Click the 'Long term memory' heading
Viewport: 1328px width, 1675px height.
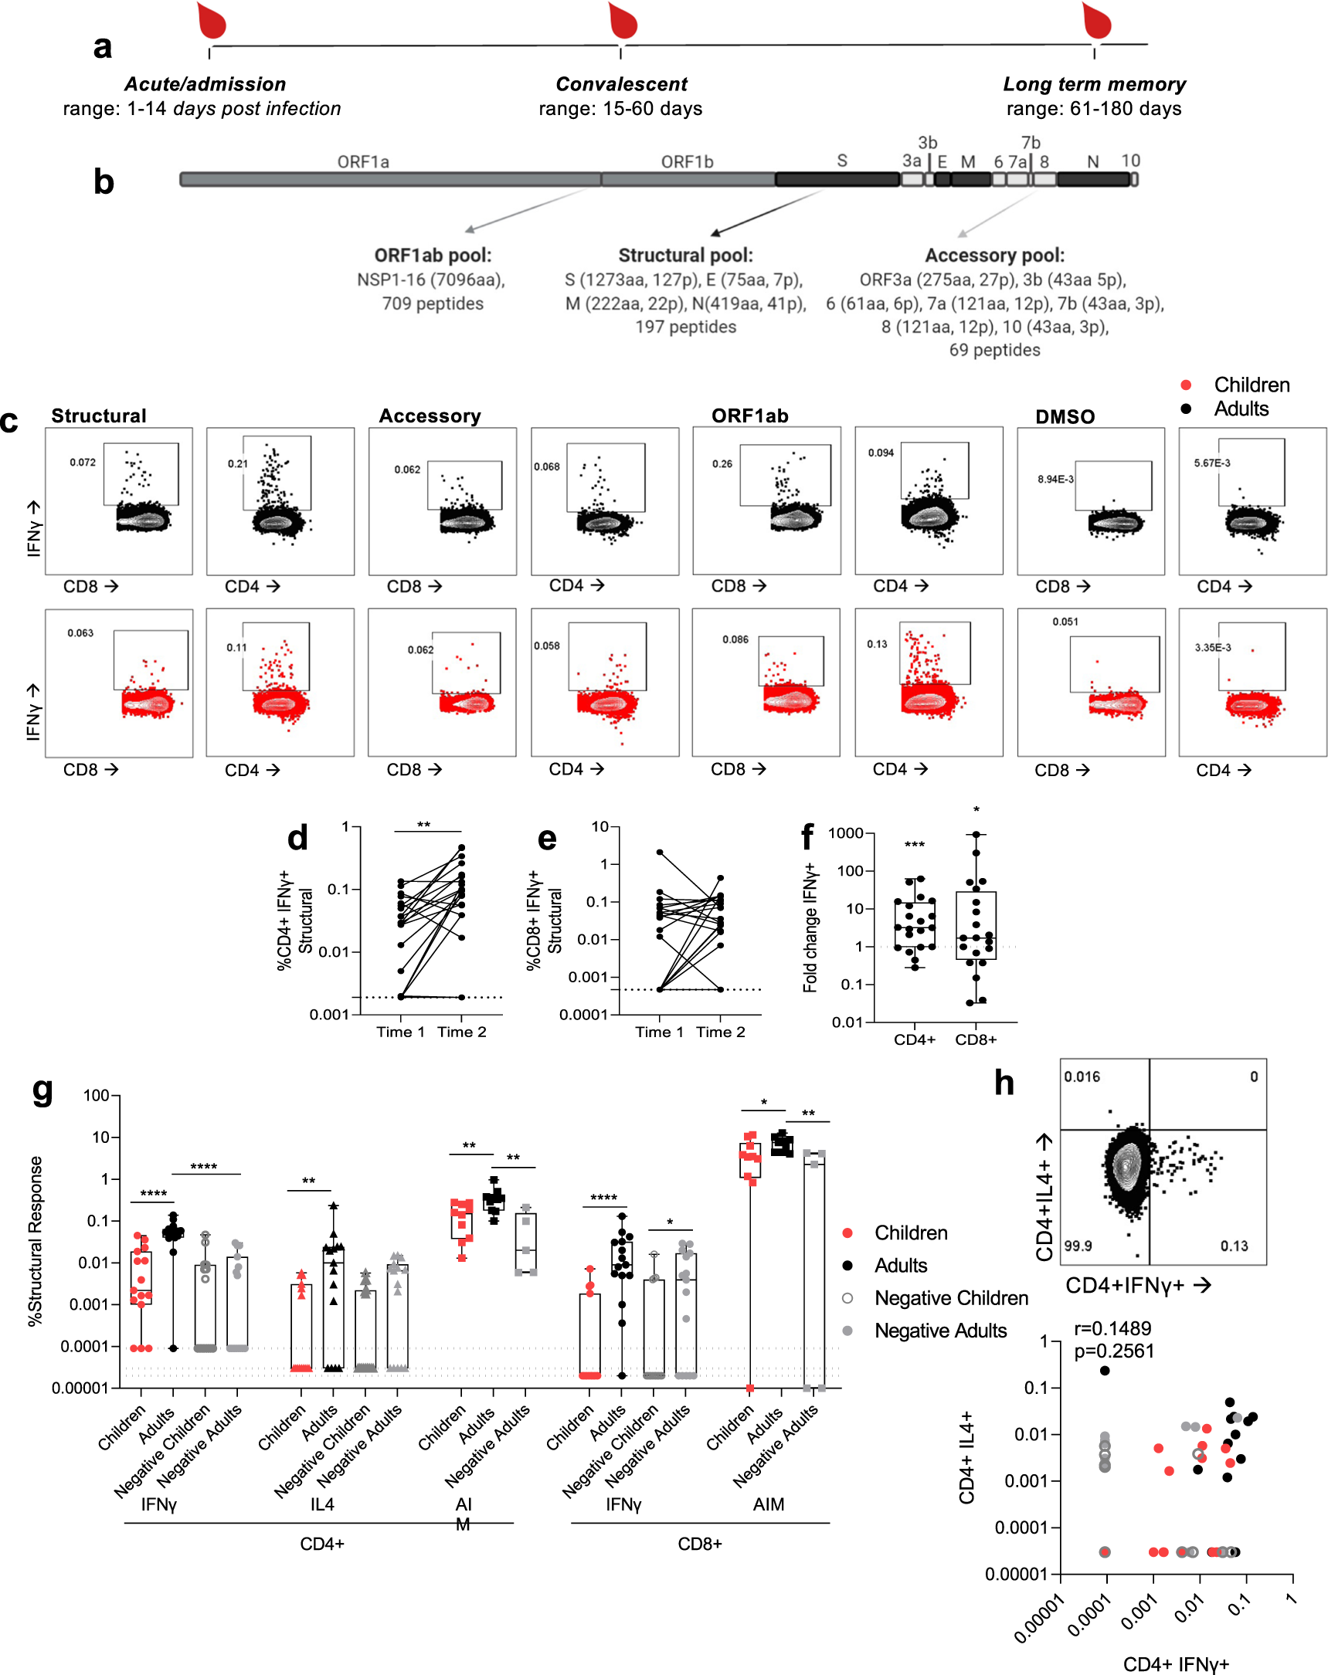[1093, 84]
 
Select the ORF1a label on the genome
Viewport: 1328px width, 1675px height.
[363, 161]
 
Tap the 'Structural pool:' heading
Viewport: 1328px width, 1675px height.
[684, 255]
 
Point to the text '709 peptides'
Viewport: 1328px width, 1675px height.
[432, 303]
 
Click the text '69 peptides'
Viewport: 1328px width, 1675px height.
[993, 351]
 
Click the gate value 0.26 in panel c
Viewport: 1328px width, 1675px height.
[722, 464]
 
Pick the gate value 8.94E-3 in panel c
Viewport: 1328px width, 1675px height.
[1055, 480]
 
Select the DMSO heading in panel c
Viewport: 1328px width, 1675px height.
[1064, 416]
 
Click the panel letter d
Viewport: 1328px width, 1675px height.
[297, 839]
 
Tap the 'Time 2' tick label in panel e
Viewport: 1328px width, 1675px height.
[719, 1032]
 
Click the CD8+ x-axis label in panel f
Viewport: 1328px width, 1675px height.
[975, 1039]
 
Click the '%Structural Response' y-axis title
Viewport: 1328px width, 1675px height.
[35, 1241]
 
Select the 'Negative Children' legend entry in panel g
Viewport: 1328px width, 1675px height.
[950, 1298]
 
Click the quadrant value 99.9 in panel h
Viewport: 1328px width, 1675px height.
[1077, 1246]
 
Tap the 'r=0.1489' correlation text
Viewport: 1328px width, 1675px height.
[1112, 1328]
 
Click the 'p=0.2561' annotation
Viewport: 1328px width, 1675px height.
[1113, 1351]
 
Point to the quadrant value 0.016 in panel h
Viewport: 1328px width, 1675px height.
[1082, 1077]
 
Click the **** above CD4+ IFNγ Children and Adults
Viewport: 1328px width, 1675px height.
[153, 1194]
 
